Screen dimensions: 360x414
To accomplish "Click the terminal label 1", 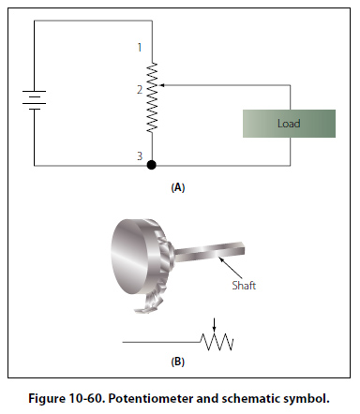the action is tap(140, 48).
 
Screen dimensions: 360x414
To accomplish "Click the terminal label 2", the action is tap(140, 90).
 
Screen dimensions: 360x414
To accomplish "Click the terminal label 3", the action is tap(140, 155).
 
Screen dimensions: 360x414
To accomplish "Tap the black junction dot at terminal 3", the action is tap(152, 165).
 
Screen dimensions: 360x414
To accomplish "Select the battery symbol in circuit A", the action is tap(35, 100).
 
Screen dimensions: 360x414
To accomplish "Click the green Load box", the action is tap(289, 124).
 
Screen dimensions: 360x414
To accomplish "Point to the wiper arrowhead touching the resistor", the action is tap(161, 85).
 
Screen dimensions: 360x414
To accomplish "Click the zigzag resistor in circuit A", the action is tap(152, 97).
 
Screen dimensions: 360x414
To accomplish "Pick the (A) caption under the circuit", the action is tap(178, 188).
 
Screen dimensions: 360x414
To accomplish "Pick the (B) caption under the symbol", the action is tap(178, 362).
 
